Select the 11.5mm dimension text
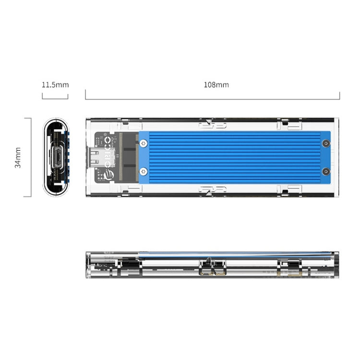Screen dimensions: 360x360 55,85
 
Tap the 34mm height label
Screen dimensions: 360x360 18,157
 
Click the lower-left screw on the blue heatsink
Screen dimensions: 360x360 144,171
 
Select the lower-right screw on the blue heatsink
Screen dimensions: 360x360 326,171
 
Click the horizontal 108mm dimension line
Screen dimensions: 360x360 213,99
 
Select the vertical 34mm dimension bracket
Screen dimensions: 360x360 30,157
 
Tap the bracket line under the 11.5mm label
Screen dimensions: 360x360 55,98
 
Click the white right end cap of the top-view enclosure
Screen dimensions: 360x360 336,157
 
